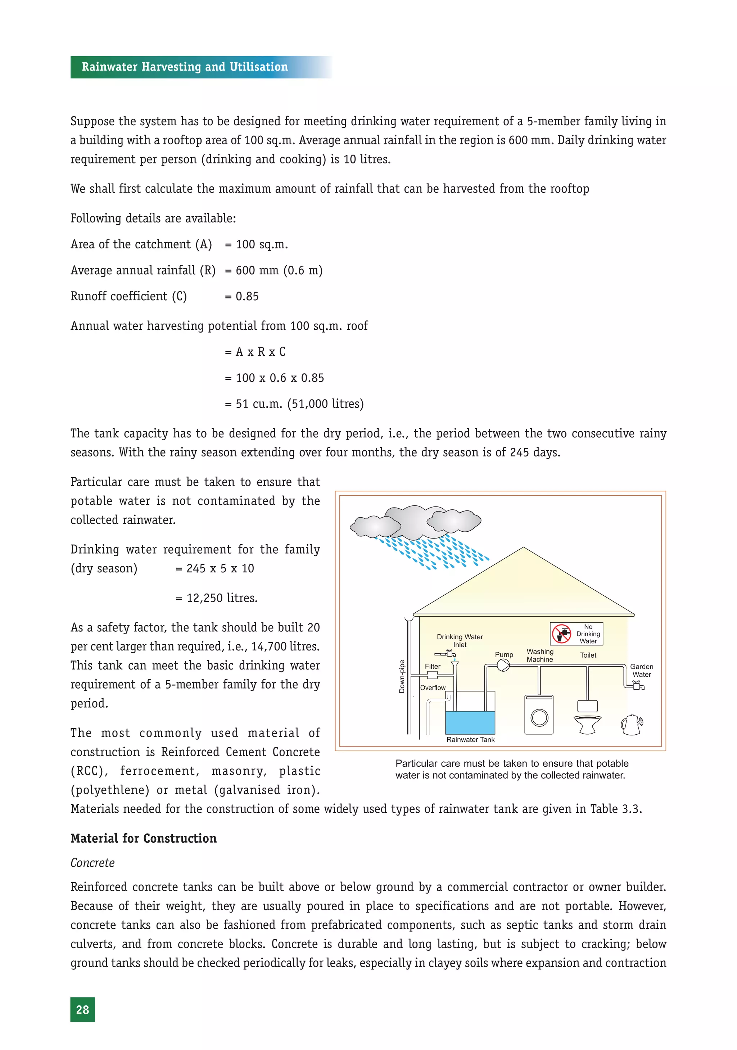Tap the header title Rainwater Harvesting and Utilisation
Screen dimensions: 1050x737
pos(185,67)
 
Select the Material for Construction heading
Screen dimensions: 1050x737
pos(144,838)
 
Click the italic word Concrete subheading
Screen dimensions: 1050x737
pos(92,863)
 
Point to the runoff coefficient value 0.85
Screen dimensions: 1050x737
pos(247,296)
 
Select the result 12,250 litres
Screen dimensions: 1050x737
pos(222,598)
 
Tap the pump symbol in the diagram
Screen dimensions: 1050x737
pos(503,666)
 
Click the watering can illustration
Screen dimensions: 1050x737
pos(632,725)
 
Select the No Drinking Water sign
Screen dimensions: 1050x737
pos(576,634)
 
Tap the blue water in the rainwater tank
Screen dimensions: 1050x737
pos(470,722)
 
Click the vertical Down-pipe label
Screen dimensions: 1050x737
pos(402,676)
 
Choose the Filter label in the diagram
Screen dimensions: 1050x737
pos(433,666)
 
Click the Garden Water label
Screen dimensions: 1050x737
pos(641,671)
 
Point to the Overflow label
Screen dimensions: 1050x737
pos(433,688)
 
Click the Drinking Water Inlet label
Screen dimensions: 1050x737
pos(460,641)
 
